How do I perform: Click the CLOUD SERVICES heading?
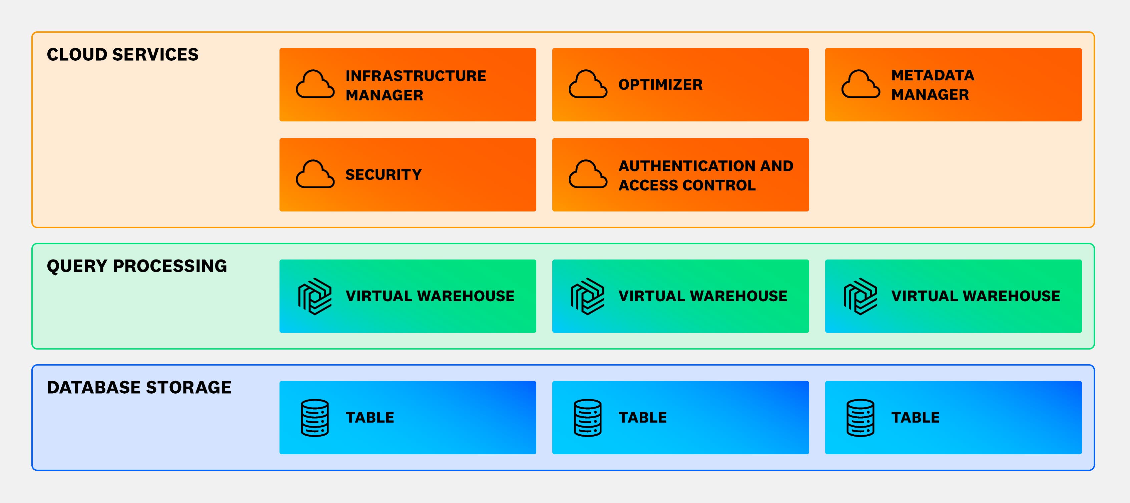tap(122, 55)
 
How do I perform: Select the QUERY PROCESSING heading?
tap(137, 266)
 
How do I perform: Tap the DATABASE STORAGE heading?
tap(139, 388)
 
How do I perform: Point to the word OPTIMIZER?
tap(660, 85)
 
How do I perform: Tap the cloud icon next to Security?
tap(315, 174)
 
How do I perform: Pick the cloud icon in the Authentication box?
tap(587, 174)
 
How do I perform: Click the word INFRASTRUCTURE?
tap(416, 76)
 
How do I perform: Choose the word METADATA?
tap(933, 75)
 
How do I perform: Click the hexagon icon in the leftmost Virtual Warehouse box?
tap(315, 297)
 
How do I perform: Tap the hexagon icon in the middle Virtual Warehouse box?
tap(587, 297)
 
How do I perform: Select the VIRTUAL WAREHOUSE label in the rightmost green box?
tap(975, 296)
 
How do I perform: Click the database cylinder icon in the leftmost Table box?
tap(315, 418)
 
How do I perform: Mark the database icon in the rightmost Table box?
tap(860, 418)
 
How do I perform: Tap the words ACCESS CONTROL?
tap(687, 185)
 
